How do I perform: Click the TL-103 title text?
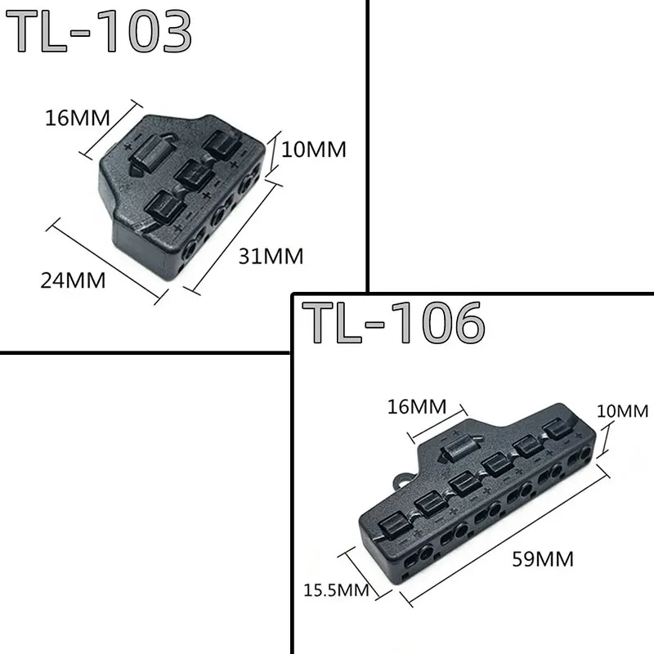coord(103,33)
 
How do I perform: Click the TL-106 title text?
coord(392,322)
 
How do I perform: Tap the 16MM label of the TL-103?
coord(78,118)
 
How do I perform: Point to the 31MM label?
coord(271,256)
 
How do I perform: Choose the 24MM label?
coord(74,280)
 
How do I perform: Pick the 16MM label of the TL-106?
coord(417,405)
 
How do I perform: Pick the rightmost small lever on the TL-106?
coord(558,430)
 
